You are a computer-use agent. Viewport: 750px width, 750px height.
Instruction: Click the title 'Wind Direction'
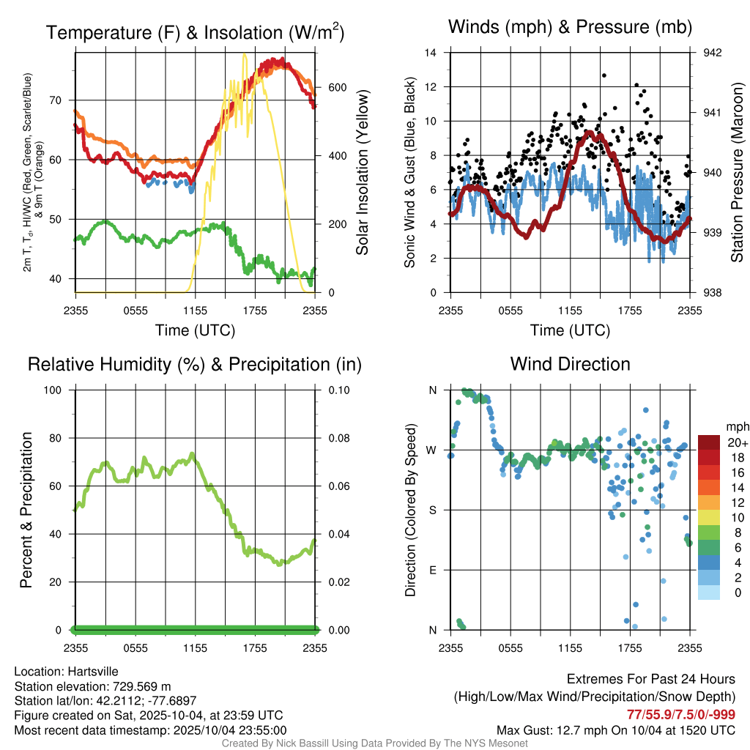570,364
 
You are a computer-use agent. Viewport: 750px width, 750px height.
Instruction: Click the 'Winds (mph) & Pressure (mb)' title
570,28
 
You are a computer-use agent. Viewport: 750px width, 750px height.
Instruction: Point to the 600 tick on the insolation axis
337,87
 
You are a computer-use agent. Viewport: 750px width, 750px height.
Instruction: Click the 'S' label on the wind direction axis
433,510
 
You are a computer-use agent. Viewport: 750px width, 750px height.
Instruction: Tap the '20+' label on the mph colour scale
738,443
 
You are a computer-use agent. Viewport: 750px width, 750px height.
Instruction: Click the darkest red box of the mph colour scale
709,443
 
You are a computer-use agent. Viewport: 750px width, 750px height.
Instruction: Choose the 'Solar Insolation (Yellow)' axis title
362,173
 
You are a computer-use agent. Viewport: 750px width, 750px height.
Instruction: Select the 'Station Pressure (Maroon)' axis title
737,173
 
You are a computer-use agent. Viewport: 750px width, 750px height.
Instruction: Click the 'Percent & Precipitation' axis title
26,510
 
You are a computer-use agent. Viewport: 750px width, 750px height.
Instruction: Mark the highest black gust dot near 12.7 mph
604,75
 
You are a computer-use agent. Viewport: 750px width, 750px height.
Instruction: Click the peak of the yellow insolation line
244,54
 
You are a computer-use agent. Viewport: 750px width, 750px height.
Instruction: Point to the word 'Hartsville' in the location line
93,671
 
